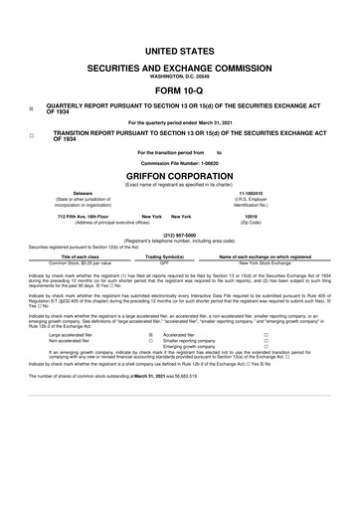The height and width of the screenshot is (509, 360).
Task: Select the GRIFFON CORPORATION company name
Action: click(179, 173)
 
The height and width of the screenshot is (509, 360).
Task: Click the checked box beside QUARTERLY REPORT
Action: click(32, 109)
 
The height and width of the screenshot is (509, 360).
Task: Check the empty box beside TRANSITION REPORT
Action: click(32, 133)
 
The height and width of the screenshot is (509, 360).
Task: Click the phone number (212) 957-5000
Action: click(179, 236)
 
